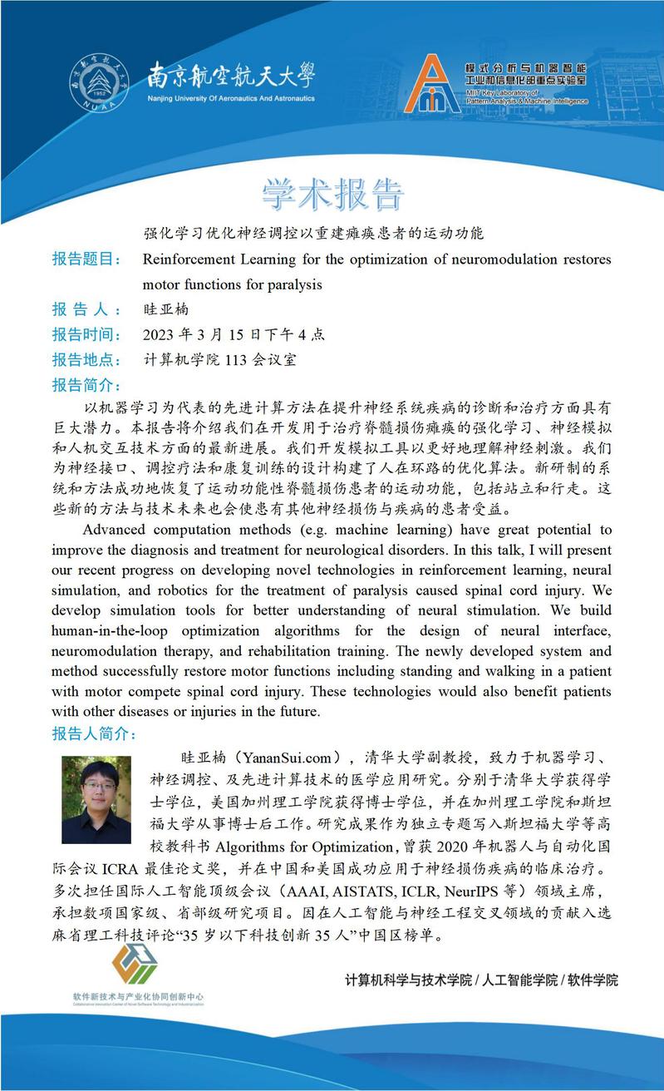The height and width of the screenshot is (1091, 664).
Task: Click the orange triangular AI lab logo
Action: tap(432, 84)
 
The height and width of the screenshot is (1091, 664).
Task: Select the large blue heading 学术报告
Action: tap(333, 193)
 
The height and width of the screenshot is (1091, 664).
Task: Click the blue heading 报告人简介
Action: tap(94, 734)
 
